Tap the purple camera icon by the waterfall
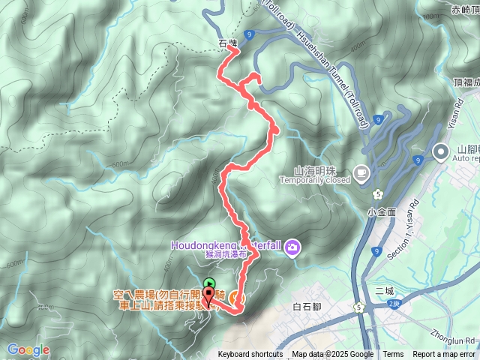click(292, 246)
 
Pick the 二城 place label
click(383, 290)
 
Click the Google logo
click(28, 349)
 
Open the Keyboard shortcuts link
click(250, 355)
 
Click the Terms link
click(393, 355)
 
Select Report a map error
click(444, 355)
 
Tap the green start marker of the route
click(208, 283)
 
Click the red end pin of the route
click(208, 297)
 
